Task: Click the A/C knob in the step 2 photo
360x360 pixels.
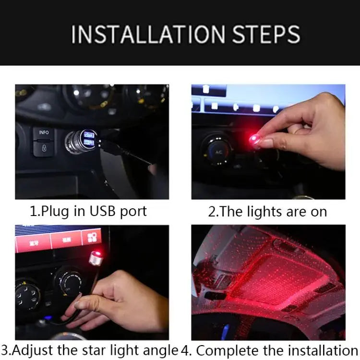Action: (219, 151)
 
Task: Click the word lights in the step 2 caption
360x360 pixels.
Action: (264, 211)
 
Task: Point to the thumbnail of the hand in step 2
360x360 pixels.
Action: (265, 143)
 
